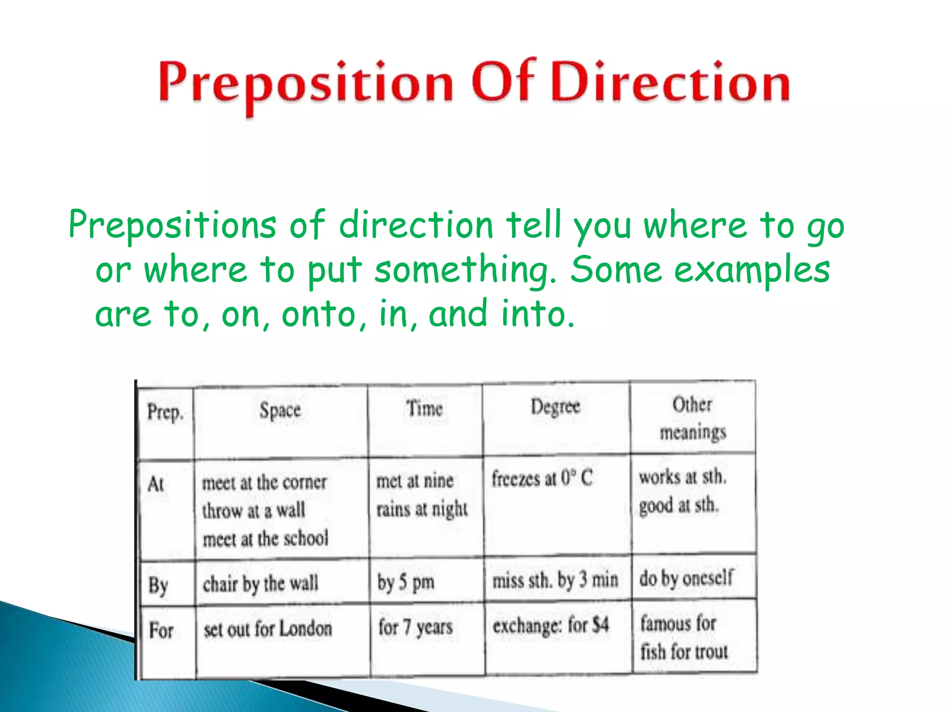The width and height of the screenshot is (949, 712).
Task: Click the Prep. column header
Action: [165, 412]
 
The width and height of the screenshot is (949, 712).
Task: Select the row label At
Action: [156, 485]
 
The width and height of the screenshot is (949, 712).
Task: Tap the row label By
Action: [158, 585]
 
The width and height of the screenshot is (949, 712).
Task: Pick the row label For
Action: [161, 630]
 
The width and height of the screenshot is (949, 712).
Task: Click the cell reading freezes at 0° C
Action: [542, 478]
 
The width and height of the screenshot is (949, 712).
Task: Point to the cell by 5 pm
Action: [405, 582]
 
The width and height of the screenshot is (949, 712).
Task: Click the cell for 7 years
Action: [415, 628]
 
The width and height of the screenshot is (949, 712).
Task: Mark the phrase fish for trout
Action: [684, 652]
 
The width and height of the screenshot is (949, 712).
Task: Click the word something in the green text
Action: [465, 271]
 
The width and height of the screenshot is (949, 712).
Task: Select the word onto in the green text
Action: [318, 314]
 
